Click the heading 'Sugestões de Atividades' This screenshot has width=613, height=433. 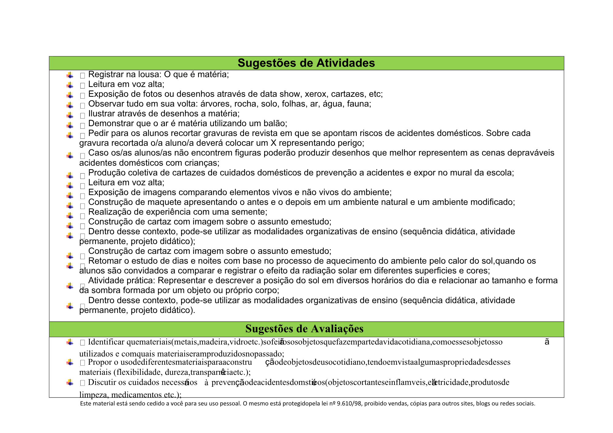(306, 63)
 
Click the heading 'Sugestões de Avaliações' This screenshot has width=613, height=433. (304, 329)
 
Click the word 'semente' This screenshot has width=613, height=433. (251, 212)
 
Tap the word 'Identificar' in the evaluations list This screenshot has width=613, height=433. (106, 342)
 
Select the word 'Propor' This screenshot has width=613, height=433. (99, 362)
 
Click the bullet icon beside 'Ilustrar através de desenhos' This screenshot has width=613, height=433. (70, 115)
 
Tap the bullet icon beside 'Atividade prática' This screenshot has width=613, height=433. (70, 286)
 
